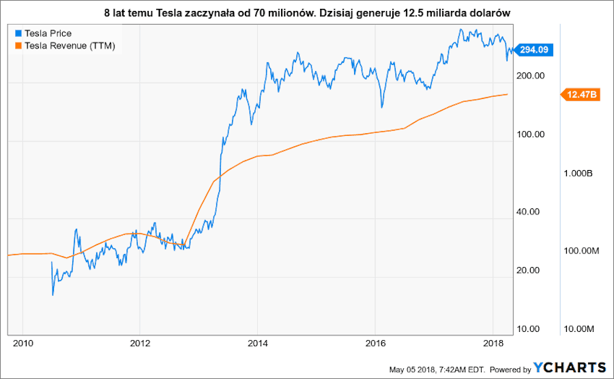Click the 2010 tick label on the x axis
23,342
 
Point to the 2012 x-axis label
140,342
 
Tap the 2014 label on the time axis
257,342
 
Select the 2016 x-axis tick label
375,342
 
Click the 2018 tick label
493,342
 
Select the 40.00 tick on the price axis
527,212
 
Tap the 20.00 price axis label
527,270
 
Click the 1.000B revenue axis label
579,174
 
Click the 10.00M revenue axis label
577,330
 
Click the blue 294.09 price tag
535,49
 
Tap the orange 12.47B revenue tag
581,95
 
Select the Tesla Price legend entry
48,33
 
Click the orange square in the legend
18,46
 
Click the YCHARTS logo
570,367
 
